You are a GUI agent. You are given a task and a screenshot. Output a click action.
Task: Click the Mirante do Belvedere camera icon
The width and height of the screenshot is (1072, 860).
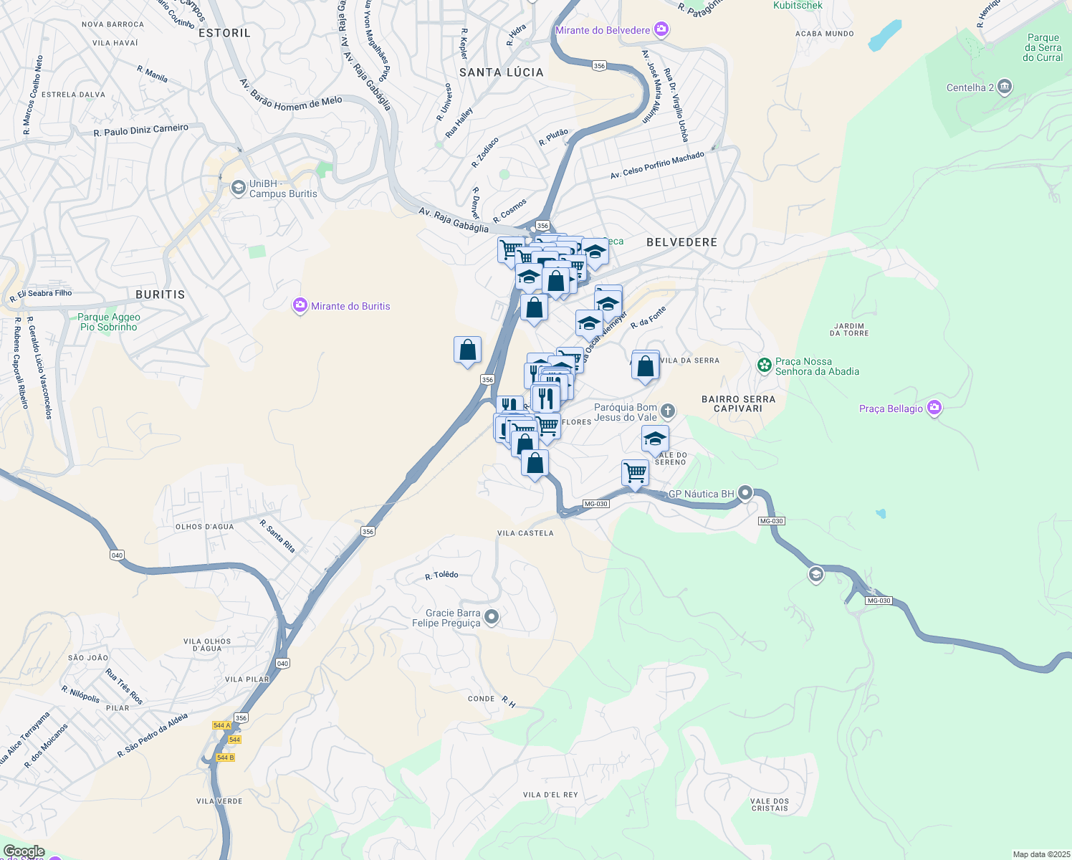[x=661, y=30]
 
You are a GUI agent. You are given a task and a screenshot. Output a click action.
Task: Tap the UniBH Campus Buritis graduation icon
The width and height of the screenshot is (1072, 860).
[x=238, y=188]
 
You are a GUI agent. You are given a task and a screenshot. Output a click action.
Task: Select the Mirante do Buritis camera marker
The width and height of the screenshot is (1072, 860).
[x=300, y=306]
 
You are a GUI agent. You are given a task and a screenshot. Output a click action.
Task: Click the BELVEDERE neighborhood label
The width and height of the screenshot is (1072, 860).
[x=681, y=242]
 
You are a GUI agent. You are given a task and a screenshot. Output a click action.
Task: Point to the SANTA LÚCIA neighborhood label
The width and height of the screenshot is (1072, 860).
[x=502, y=72]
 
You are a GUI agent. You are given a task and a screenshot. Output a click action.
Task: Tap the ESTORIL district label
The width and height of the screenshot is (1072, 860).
[x=224, y=33]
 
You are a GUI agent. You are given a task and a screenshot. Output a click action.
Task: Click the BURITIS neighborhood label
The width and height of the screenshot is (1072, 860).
[x=160, y=295]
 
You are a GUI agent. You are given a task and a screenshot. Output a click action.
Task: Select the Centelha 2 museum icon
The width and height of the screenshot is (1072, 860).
[x=1004, y=87]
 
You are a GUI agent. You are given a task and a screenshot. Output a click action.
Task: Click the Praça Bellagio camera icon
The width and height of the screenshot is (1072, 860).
[x=934, y=408]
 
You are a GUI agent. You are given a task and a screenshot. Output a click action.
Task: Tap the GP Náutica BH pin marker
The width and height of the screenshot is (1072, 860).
[x=745, y=493]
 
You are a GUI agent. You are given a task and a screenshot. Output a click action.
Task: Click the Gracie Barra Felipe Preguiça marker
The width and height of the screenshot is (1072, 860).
[x=492, y=617]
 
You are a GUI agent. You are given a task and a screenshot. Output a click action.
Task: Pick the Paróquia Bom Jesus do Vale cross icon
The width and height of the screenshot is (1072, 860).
[x=667, y=411]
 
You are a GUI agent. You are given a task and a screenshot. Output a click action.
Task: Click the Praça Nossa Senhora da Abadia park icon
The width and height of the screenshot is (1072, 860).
[x=765, y=365]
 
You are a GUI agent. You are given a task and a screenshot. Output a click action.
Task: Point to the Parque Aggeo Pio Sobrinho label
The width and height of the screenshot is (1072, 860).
[x=109, y=322]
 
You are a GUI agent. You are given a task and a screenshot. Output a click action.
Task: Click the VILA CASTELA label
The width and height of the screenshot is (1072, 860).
[x=525, y=533]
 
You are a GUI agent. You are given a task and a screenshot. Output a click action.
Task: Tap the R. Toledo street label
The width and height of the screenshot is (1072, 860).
[x=441, y=575]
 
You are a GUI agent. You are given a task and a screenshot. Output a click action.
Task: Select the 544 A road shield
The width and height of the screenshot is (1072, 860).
[x=222, y=725]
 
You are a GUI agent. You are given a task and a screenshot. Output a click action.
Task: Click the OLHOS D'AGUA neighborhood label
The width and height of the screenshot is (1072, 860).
[x=204, y=527]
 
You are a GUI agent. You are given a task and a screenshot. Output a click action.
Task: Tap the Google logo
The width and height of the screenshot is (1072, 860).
[x=24, y=851]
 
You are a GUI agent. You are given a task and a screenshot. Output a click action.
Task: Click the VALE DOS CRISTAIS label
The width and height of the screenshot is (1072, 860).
[x=770, y=805]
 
